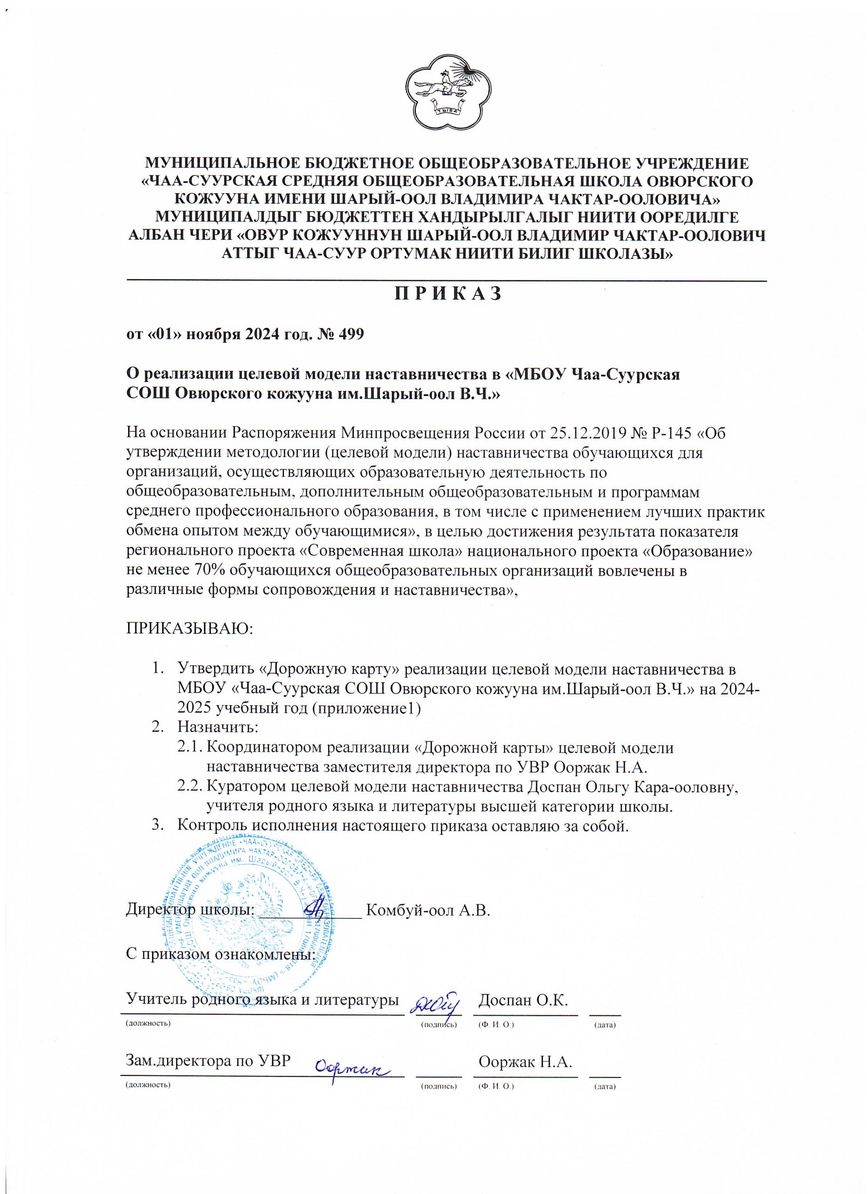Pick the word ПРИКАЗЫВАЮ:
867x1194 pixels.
point(189,629)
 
